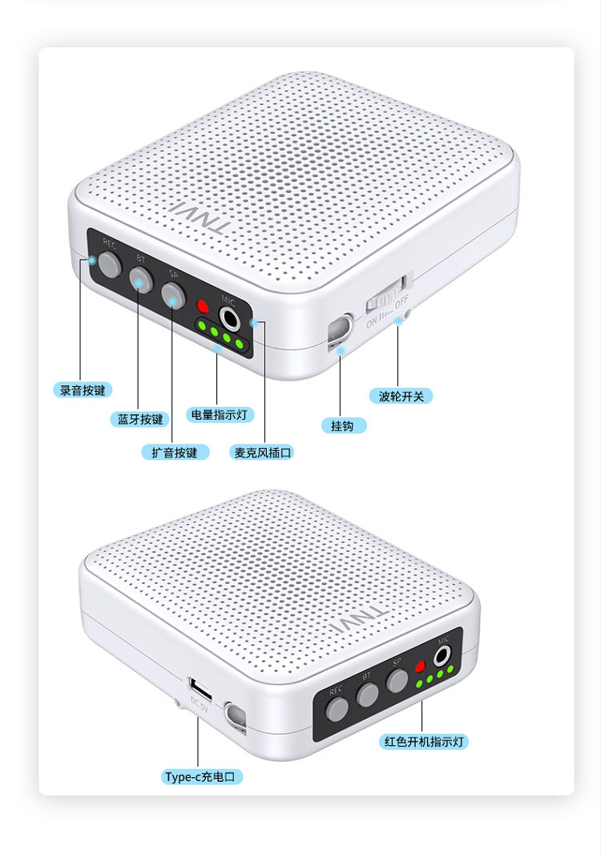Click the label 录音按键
click(x=83, y=391)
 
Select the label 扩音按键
click(x=175, y=453)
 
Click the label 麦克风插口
click(x=263, y=453)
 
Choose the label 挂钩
click(x=342, y=425)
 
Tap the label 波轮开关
click(x=401, y=396)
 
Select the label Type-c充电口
click(x=203, y=776)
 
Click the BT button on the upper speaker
click(x=141, y=279)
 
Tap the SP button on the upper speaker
click(x=172, y=294)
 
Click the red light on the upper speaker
click(x=204, y=306)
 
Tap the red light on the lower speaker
click(x=418, y=667)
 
